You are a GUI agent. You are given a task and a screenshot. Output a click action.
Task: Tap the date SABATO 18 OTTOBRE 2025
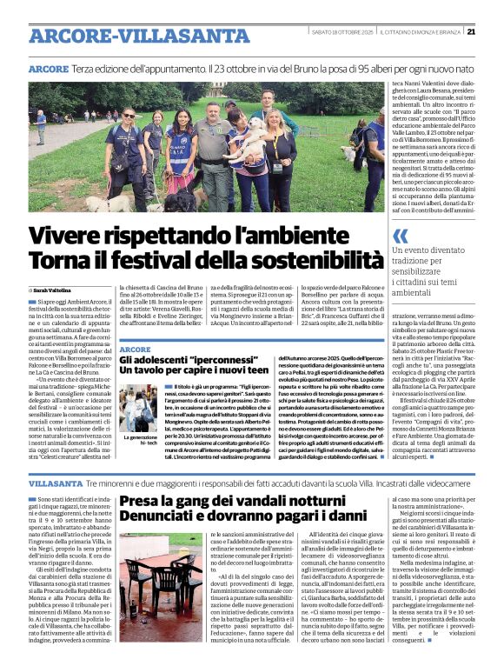pyautogui.click(x=337, y=33)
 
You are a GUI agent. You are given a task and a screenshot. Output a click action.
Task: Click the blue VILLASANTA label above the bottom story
pyautogui.click(x=56, y=481)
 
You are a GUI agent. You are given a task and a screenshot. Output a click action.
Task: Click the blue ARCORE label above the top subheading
pyautogui.click(x=49, y=69)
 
